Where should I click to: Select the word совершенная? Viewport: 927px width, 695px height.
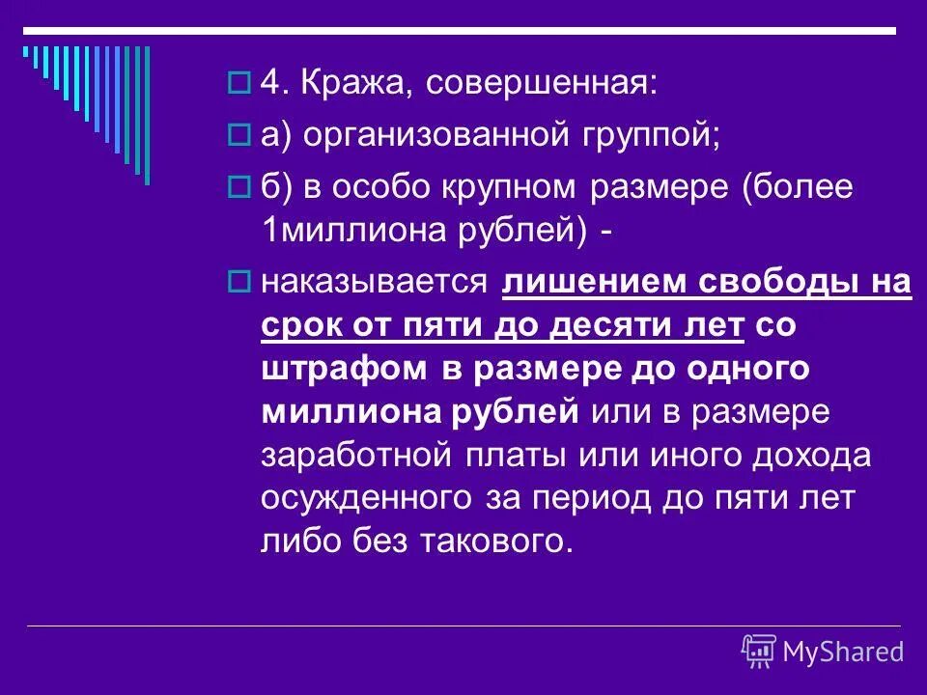tap(541, 86)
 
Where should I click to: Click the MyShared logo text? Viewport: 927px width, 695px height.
tap(842, 652)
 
